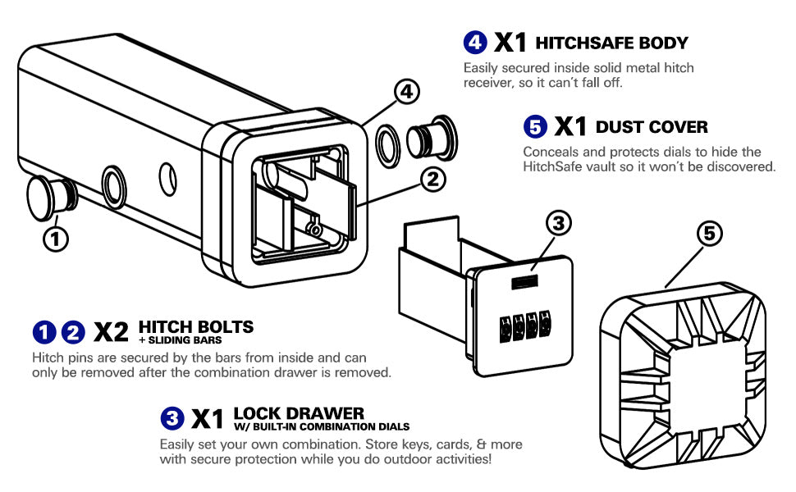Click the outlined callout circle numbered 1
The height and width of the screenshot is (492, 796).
tap(55, 239)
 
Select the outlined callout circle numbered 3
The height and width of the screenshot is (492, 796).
tap(558, 222)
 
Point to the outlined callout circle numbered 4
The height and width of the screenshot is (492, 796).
tap(407, 93)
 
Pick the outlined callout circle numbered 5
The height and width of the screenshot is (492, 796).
tap(711, 234)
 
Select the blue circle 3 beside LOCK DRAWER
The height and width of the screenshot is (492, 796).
tap(172, 418)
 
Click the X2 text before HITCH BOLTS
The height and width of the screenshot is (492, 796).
tap(112, 332)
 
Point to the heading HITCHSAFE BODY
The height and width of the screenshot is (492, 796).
tap(611, 43)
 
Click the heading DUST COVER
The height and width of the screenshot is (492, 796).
tap(652, 127)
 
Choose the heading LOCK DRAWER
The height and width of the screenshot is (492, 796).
tap(299, 412)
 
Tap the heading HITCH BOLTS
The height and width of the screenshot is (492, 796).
tap(196, 326)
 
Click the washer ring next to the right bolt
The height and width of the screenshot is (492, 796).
tap(388, 143)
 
